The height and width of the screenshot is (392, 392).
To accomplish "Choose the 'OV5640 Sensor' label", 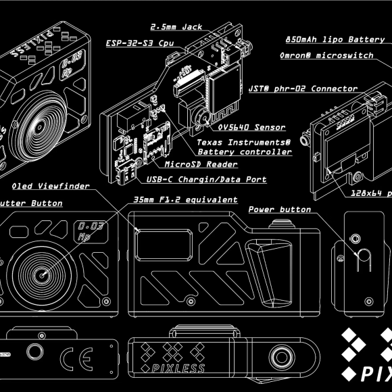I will click(x=251, y=127).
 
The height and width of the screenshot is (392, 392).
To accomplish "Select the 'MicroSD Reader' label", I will click(x=195, y=164).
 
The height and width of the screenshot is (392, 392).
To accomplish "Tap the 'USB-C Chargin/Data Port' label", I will click(x=205, y=180).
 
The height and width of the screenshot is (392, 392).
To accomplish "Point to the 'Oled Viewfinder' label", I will click(x=51, y=186).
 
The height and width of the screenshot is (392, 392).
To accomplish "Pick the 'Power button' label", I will click(x=279, y=210).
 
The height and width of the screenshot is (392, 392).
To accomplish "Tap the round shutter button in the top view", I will click(x=278, y=356).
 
